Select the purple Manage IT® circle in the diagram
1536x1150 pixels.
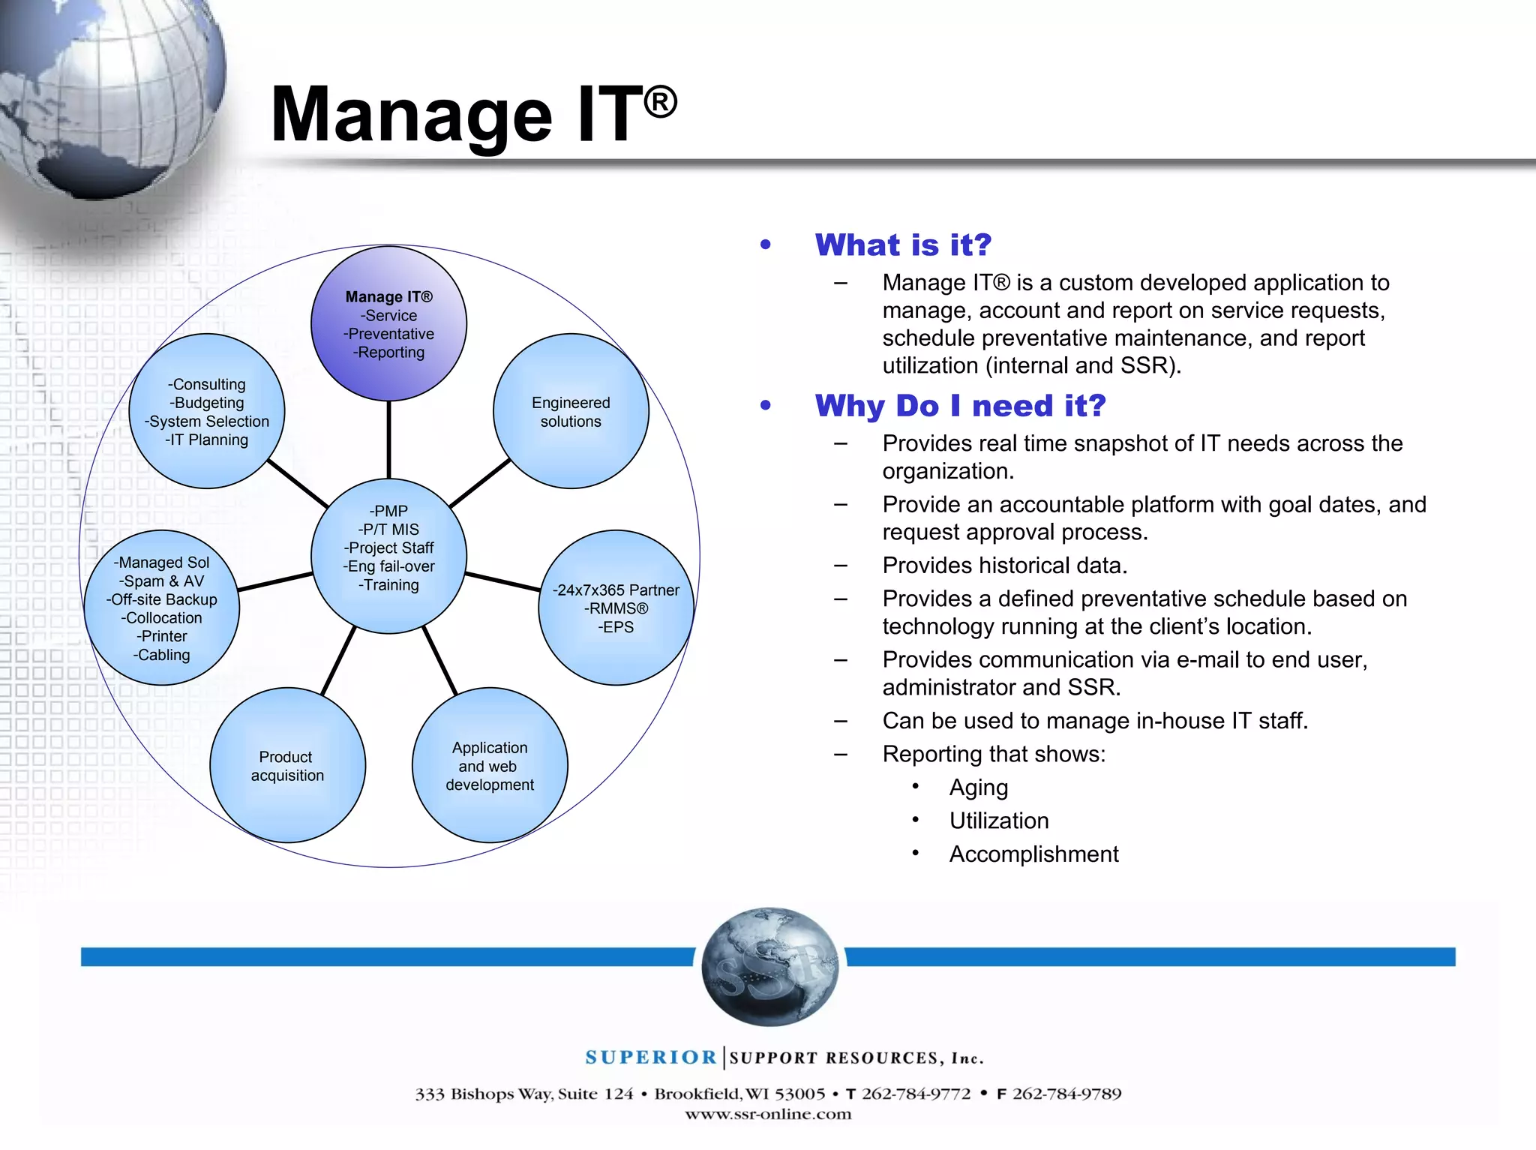(x=388, y=324)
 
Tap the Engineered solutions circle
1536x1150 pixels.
(x=571, y=411)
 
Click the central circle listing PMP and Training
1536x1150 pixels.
(x=388, y=556)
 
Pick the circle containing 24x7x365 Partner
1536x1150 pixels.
(x=616, y=608)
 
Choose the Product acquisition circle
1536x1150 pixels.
(x=287, y=765)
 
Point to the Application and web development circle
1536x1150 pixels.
(x=490, y=765)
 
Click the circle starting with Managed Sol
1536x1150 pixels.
(x=162, y=608)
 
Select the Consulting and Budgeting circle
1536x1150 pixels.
(x=207, y=411)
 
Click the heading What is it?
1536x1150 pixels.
(x=903, y=245)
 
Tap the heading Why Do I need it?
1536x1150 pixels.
(x=960, y=406)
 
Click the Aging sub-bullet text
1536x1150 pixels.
(x=978, y=788)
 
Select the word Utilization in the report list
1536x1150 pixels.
(x=998, y=821)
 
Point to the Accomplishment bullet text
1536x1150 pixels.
(x=1033, y=854)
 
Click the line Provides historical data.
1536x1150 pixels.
(x=1004, y=566)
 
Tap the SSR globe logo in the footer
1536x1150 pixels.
(x=769, y=966)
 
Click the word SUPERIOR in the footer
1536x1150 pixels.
(x=651, y=1058)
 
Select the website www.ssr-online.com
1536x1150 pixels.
(x=768, y=1114)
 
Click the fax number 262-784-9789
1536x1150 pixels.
(x=1066, y=1094)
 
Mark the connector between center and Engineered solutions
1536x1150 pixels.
(x=480, y=482)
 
